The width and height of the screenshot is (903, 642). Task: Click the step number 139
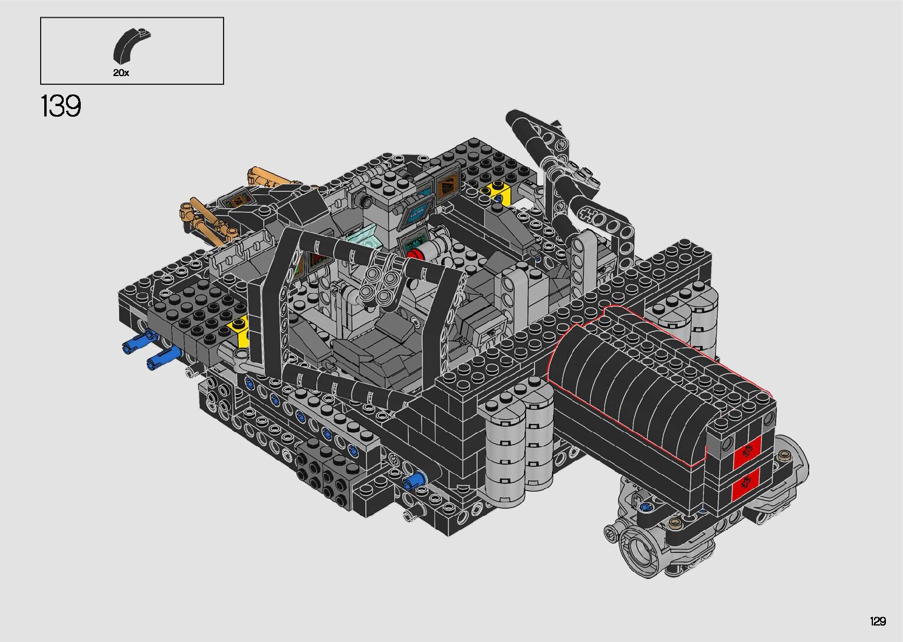coord(61,106)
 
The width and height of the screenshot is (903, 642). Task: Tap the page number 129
coord(878,621)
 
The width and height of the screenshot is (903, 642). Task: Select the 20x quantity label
coord(121,73)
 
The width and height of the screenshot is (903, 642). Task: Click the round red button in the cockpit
coord(415,254)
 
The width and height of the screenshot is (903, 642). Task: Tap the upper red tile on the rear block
coord(747,452)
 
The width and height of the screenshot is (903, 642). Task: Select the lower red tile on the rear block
coord(746,485)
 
